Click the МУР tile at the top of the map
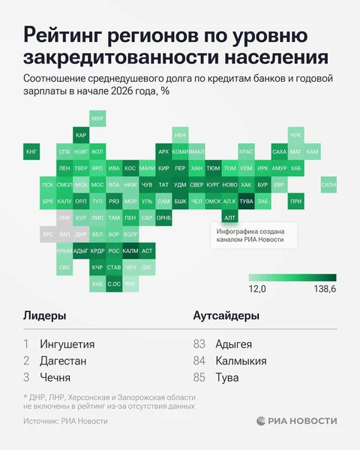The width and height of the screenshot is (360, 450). pyautogui.click(x=97, y=118)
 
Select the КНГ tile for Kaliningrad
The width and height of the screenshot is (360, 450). pyautogui.click(x=31, y=151)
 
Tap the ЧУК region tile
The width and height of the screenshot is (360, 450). pyautogui.click(x=295, y=135)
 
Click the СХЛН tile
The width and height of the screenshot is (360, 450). pyautogui.click(x=328, y=184)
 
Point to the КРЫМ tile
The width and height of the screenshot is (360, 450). pyautogui.click(x=64, y=250)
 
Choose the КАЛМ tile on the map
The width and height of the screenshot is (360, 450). pyautogui.click(x=130, y=250)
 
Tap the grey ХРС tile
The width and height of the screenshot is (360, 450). pyautogui.click(x=48, y=234)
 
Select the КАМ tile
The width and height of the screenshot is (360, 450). pyautogui.click(x=312, y=151)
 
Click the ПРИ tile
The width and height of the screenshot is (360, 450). pyautogui.click(x=295, y=201)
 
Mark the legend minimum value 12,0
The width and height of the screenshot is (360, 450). pyautogui.click(x=258, y=289)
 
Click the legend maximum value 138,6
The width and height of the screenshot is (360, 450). pyautogui.click(x=324, y=289)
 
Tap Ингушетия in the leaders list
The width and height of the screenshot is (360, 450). pyautogui.click(x=67, y=344)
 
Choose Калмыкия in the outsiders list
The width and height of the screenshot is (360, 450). pyautogui.click(x=240, y=361)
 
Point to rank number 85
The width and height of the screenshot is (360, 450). pyautogui.click(x=199, y=377)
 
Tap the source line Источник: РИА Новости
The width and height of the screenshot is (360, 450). pyautogui.click(x=65, y=421)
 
